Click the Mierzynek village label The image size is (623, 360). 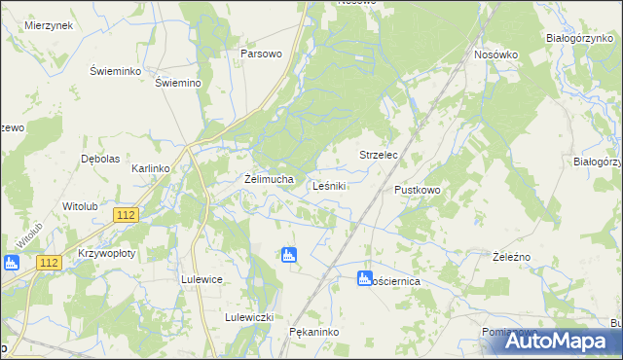[x=50, y=25]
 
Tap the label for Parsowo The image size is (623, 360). [x=261, y=54]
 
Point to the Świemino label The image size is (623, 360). [x=178, y=83]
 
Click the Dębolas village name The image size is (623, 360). [x=100, y=159]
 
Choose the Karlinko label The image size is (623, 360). [x=151, y=168]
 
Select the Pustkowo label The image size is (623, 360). [x=418, y=190]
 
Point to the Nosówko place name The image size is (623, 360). [x=495, y=54]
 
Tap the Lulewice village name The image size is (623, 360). [x=202, y=278]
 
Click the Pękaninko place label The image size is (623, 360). [x=313, y=332]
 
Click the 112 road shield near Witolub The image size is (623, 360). [x=124, y=214]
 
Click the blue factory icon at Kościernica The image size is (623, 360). [x=365, y=278]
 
